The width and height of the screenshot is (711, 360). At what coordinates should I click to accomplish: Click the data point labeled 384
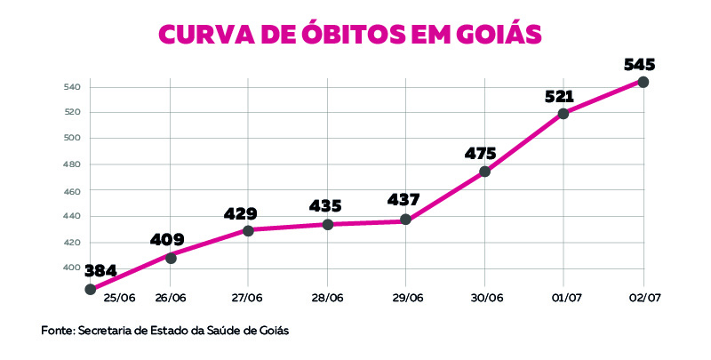90,289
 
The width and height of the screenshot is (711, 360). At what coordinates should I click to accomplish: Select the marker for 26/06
171,258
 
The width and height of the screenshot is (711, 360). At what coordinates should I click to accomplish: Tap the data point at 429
248,230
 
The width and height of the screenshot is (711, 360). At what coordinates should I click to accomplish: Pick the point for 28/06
327,224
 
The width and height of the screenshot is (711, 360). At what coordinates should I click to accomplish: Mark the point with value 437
406,220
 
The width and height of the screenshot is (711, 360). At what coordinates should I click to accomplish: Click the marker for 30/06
484,172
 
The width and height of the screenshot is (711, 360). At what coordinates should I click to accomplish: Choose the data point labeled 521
563,114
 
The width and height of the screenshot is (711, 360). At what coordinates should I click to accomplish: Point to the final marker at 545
643,82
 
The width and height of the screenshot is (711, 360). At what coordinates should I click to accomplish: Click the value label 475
480,153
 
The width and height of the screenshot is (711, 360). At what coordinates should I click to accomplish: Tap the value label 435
325,206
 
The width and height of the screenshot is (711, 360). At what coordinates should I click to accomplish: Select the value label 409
167,239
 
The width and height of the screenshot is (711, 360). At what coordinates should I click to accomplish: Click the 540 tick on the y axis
72,87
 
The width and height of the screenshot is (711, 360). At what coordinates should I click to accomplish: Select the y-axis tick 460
72,191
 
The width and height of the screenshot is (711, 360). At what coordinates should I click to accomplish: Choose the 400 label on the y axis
72,268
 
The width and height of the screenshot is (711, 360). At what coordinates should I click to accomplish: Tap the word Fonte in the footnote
57,331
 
